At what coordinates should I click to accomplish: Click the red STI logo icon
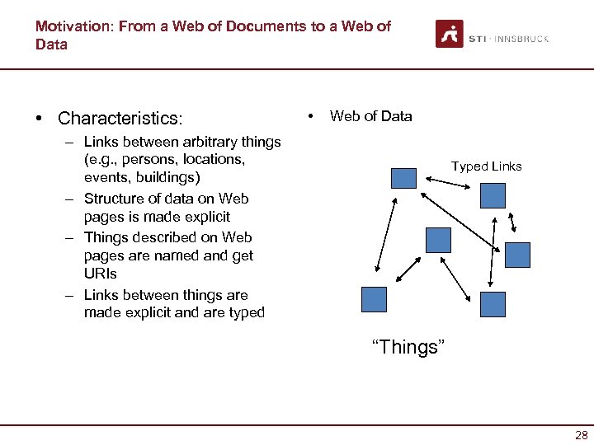450,34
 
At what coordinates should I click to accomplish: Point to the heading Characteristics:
120,119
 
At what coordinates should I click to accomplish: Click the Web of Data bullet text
370,116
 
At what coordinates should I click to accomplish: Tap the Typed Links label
486,166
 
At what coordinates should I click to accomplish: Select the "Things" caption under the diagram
408,347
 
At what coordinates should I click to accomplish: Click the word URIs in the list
101,274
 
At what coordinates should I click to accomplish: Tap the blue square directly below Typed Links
492,195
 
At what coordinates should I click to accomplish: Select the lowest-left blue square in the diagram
374,299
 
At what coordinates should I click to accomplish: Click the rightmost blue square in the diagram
517,255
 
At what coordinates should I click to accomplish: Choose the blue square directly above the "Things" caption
438,240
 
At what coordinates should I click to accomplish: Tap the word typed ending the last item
245,312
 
